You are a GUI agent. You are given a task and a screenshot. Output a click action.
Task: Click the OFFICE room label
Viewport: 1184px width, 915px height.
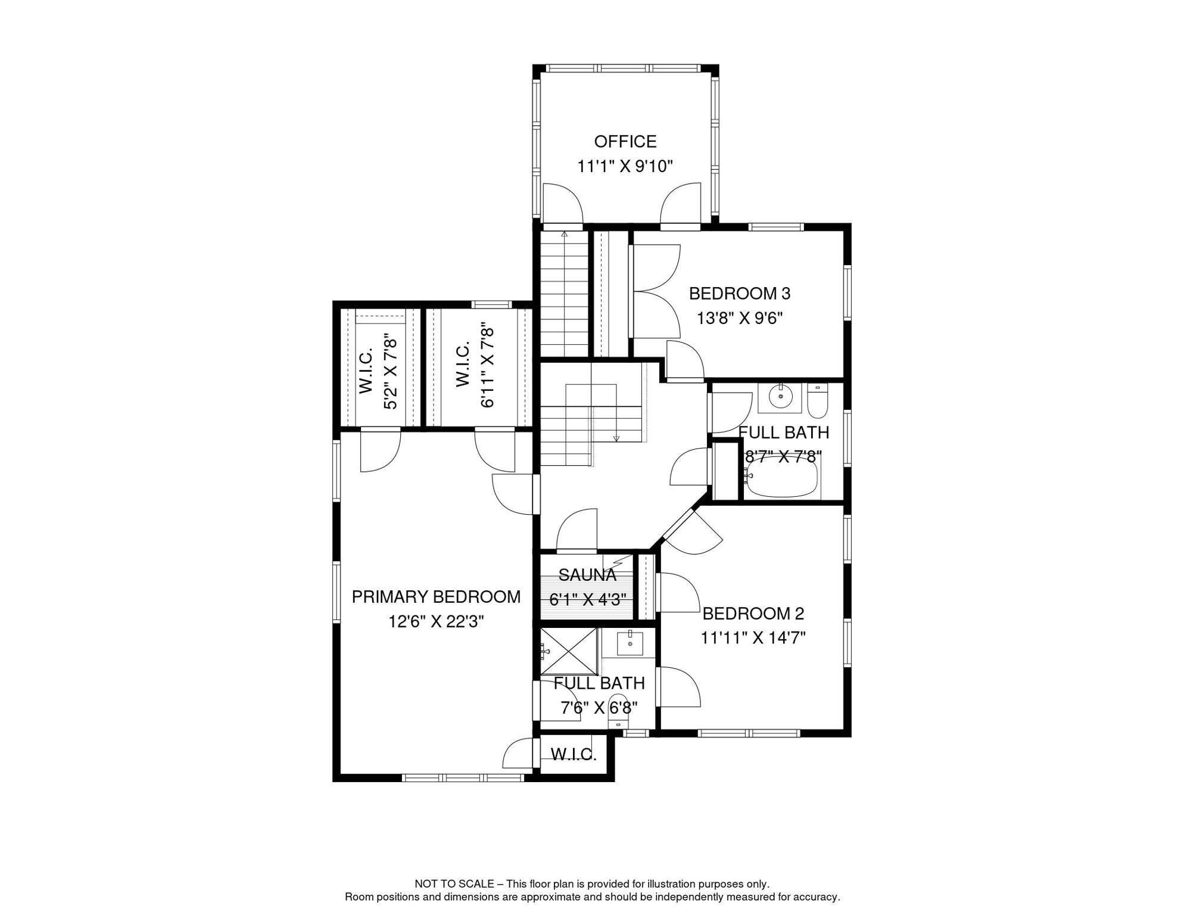tap(625, 141)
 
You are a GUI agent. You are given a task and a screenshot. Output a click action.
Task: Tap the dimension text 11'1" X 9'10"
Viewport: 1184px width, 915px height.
tap(625, 166)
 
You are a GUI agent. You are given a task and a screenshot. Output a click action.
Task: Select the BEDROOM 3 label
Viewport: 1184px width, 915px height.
tap(739, 293)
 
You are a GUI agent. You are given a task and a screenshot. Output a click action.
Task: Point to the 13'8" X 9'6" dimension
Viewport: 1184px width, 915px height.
tap(739, 318)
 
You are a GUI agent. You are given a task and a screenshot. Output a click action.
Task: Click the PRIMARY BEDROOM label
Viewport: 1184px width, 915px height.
tap(435, 596)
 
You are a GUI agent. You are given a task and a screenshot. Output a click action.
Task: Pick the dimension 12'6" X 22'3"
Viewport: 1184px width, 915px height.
tap(435, 621)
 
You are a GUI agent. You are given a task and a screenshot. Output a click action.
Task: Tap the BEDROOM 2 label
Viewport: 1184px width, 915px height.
tap(753, 613)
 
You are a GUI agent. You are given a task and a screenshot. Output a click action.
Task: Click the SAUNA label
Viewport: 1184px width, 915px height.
tap(587, 575)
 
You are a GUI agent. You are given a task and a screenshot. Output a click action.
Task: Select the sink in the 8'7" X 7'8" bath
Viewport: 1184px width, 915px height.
tap(780, 396)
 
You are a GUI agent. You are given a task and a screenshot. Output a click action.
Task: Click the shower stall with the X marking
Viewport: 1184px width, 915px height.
tap(569, 652)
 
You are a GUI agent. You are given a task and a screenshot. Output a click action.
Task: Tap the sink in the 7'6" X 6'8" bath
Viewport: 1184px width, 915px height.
tap(630, 643)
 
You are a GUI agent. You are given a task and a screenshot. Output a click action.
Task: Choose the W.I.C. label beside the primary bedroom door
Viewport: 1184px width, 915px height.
tap(573, 755)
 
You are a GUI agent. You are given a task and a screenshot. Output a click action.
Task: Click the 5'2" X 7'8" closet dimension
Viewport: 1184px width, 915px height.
tap(390, 372)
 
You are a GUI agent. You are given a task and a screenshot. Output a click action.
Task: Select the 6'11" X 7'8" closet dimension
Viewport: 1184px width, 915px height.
tap(487, 365)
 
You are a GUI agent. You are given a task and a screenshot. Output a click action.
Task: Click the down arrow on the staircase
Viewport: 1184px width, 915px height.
tap(616, 438)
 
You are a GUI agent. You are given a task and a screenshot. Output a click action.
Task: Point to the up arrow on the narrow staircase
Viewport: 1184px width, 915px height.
tap(564, 235)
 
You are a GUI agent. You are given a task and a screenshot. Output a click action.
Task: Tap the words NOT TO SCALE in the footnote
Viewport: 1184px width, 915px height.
tap(454, 883)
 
